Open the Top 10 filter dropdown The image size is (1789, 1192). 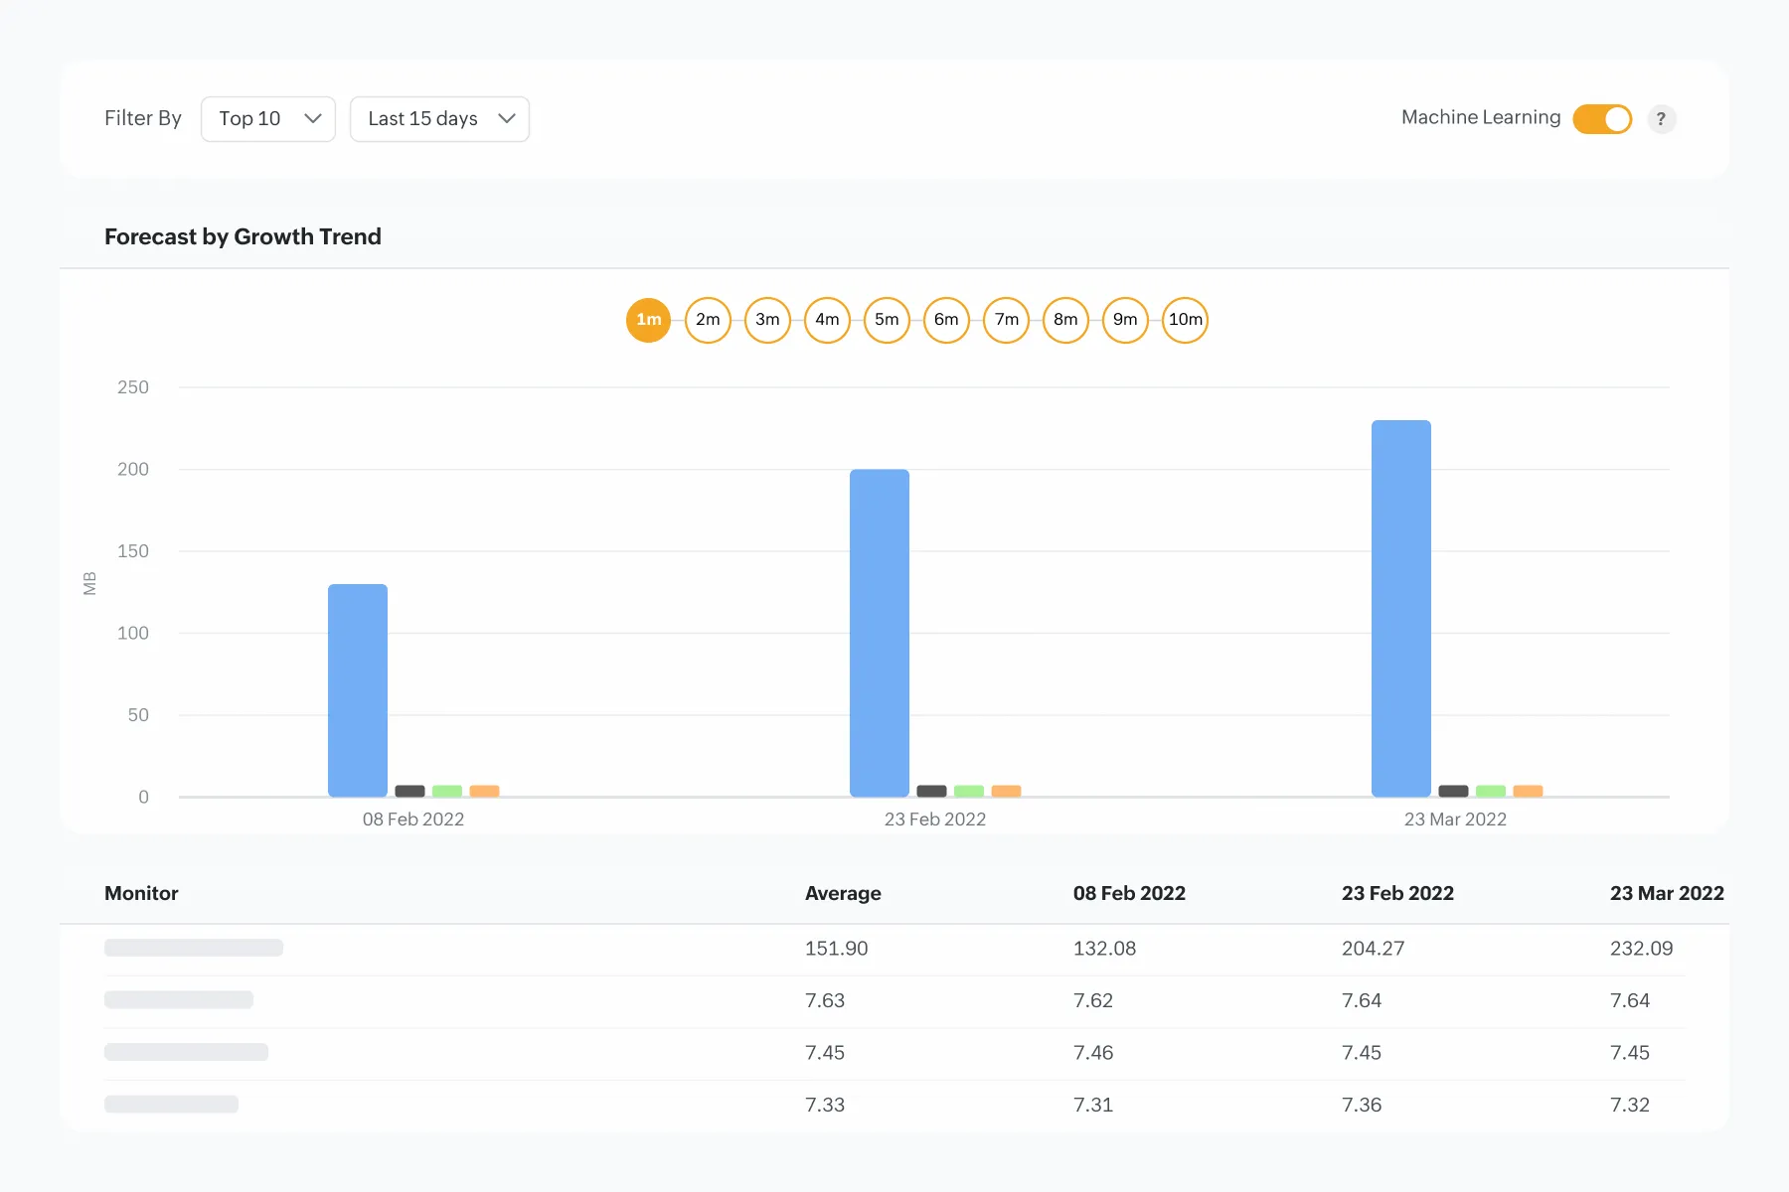pos(268,119)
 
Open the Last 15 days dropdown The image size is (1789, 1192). pos(439,119)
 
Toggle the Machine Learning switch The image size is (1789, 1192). pos(1602,119)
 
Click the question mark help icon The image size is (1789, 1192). pos(1661,119)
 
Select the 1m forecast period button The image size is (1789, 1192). pos(648,320)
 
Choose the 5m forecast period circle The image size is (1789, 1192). pos(887,320)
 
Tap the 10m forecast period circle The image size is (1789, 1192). pos(1185,320)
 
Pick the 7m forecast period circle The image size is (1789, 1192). pos(1006,320)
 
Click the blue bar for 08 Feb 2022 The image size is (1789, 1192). pos(358,690)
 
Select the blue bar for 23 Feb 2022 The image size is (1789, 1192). pos(880,633)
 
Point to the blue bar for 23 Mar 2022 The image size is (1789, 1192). pos(1401,608)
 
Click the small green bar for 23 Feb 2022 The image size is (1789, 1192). pos(969,792)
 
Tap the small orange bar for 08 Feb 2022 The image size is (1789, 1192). pos(484,792)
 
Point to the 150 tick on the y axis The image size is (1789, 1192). pos(133,551)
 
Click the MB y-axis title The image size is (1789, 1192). pos(90,583)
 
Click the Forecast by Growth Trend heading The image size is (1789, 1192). pos(243,236)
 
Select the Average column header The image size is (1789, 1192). pos(843,893)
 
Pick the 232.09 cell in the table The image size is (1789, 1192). pos(1641,949)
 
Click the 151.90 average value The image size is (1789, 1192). pos(836,949)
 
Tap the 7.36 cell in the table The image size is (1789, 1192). pos(1362,1105)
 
